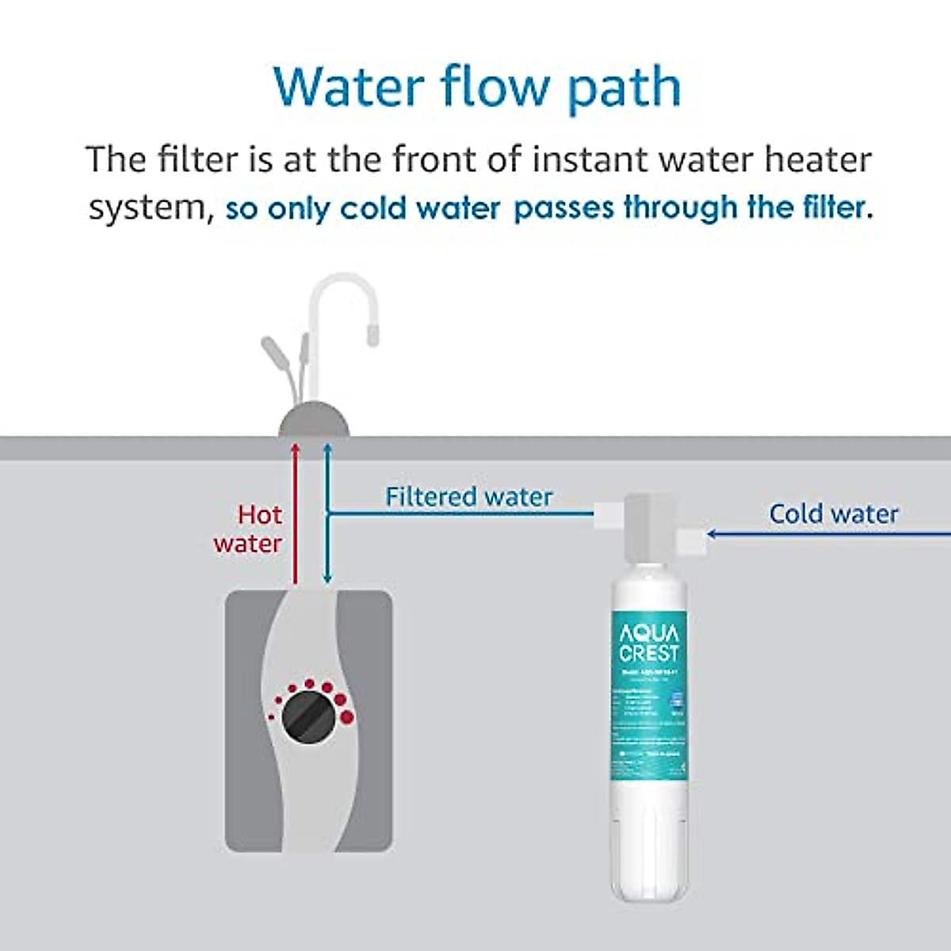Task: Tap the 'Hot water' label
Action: (x=248, y=529)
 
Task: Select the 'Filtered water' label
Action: (x=468, y=497)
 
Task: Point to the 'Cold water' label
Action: (x=834, y=514)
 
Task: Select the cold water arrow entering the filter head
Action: (x=824, y=534)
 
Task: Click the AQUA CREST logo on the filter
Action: (x=649, y=643)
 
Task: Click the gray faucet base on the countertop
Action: (x=313, y=420)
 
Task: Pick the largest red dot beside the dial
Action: (x=346, y=718)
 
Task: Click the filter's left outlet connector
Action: (x=609, y=513)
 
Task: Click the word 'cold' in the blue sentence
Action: (x=376, y=208)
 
